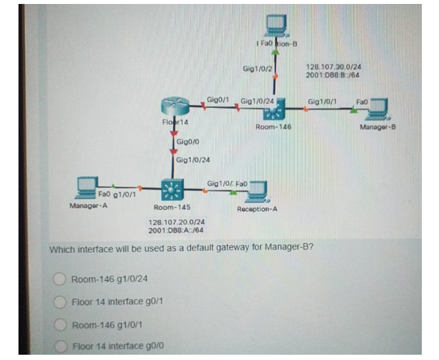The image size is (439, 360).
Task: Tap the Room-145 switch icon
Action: (174, 190)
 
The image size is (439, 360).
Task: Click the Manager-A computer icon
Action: (88, 188)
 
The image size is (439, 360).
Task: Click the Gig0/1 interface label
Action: (217, 99)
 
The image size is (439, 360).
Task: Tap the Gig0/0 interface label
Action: (189, 142)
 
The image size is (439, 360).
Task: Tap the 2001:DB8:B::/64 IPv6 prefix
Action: (333, 75)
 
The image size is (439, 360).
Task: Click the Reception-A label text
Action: (257, 209)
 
